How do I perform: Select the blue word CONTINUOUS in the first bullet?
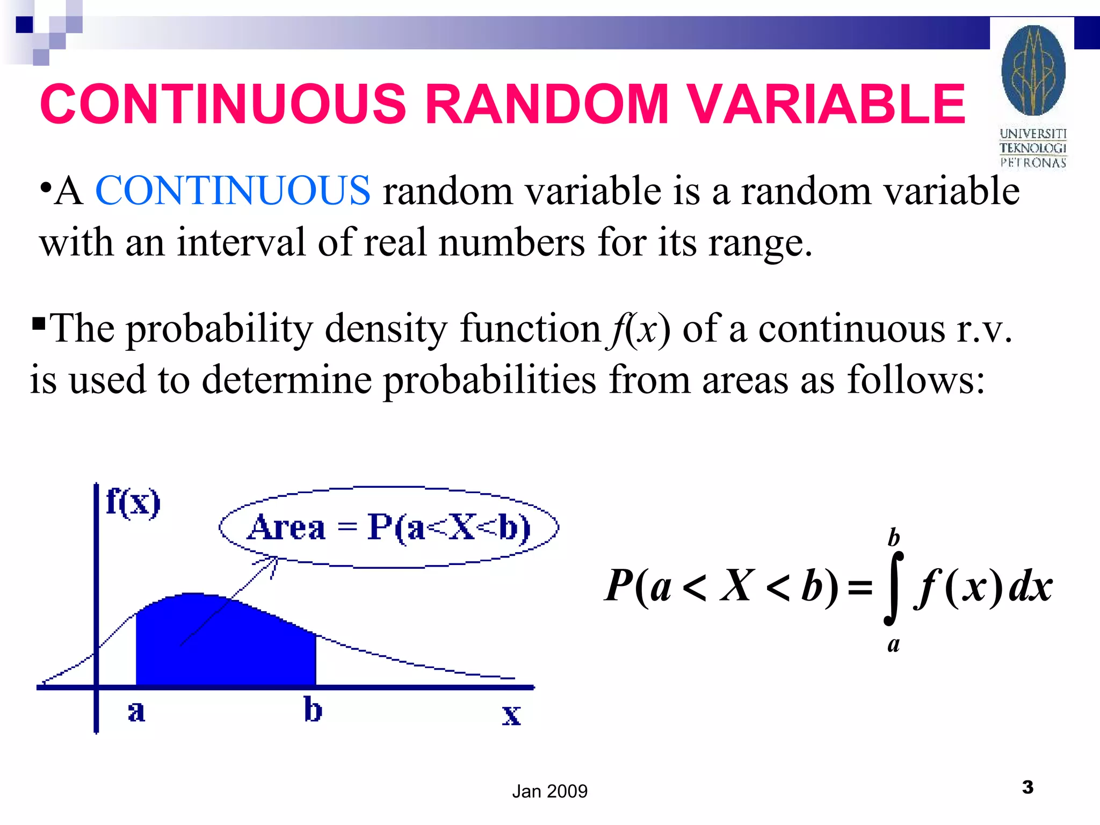click(233, 191)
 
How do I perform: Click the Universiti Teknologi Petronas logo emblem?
click(1033, 70)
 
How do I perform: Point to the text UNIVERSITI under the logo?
click(1033, 133)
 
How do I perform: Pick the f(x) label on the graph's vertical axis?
click(133, 502)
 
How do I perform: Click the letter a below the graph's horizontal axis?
click(136, 712)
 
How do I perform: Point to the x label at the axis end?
click(511, 715)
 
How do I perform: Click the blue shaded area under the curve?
click(226, 645)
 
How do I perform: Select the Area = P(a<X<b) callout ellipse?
click(389, 527)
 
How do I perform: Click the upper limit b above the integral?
click(893, 537)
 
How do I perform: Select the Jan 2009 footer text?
click(549, 791)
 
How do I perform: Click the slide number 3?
click(1027, 787)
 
